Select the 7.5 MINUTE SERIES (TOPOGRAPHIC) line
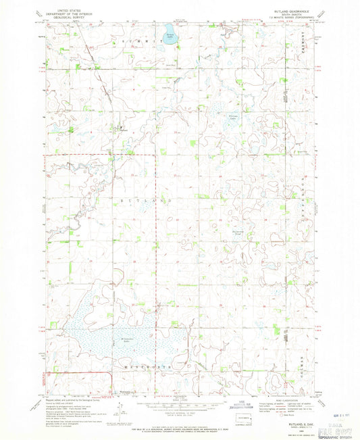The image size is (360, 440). [290, 17]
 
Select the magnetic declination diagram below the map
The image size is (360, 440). [122, 408]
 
